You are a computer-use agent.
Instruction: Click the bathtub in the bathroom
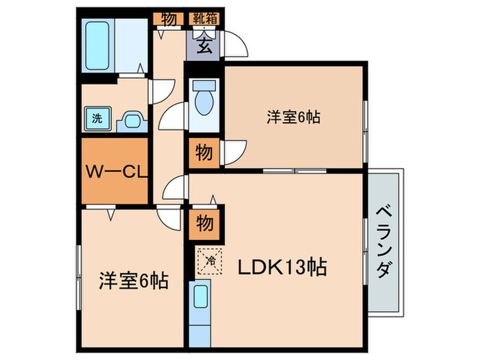coord(98,45)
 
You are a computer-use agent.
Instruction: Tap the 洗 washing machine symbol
coord(97,118)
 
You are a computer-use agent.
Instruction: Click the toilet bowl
coord(203,100)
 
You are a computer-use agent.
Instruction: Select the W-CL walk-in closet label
coord(115,171)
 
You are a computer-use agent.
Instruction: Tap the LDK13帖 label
coord(282,267)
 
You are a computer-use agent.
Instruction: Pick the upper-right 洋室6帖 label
coord(293,117)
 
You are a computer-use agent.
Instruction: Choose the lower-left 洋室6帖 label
coord(134,280)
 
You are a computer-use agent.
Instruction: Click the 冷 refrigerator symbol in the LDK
coord(211,260)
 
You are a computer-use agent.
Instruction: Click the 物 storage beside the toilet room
coord(204,152)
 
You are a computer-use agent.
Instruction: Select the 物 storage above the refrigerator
coord(204,222)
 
